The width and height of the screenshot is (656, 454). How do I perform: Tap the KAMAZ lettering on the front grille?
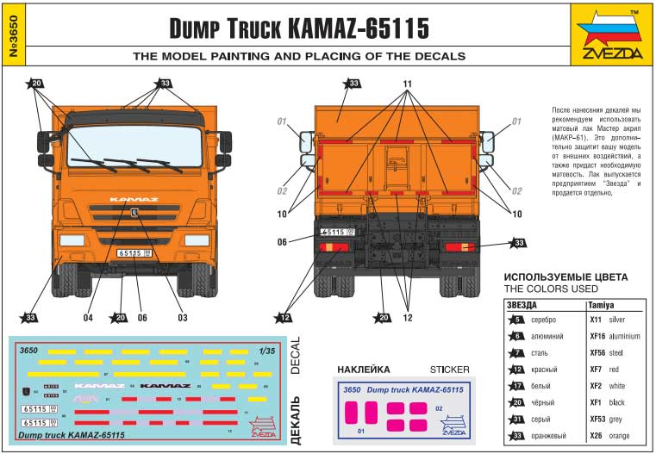pyautogui.click(x=134, y=200)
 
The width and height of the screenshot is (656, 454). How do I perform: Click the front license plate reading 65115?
pyautogui.click(x=134, y=252)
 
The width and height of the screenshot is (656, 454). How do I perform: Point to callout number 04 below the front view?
pyautogui.click(x=87, y=318)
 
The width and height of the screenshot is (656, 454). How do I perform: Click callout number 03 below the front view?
pyautogui.click(x=182, y=318)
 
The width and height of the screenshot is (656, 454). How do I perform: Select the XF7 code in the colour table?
pyautogui.click(x=596, y=368)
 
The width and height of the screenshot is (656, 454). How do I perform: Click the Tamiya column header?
pyautogui.click(x=601, y=305)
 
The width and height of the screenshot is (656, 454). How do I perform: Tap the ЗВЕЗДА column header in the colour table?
pyautogui.click(x=522, y=305)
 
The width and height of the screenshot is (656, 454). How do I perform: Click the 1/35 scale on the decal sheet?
pyautogui.click(x=267, y=351)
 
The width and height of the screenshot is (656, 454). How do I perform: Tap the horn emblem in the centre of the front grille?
pyautogui.click(x=136, y=213)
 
